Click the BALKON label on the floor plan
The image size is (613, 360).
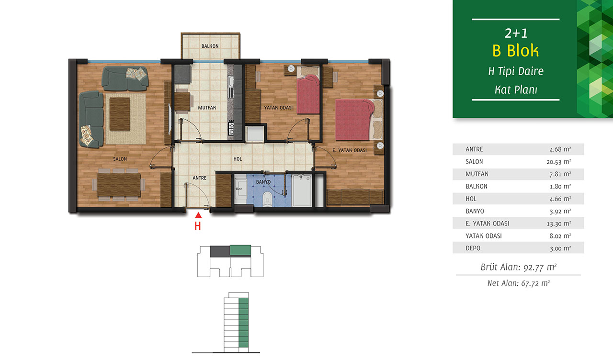click(x=210, y=46)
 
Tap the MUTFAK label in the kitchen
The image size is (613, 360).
click(x=207, y=108)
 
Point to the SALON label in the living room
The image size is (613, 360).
click(x=120, y=159)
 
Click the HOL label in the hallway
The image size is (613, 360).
click(x=238, y=159)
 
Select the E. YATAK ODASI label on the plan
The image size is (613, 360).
click(x=350, y=150)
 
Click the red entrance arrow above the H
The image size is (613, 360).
click(x=198, y=215)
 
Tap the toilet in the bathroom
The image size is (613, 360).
click(x=267, y=199)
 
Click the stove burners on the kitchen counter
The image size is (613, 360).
click(x=231, y=127)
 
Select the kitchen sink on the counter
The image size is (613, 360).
click(x=231, y=87)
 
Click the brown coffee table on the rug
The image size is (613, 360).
click(x=120, y=114)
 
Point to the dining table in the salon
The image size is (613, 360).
click(x=119, y=185)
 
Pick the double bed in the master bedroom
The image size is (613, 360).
click(x=359, y=120)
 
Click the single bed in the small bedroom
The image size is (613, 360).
click(x=308, y=90)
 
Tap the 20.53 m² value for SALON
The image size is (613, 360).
click(x=559, y=162)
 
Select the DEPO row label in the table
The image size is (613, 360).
click(x=473, y=248)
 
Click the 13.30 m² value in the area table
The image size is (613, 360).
click(x=559, y=224)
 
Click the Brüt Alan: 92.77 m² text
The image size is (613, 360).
click(x=519, y=267)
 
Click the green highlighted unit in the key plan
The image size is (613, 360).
click(x=240, y=250)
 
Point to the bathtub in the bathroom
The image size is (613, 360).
click(x=302, y=191)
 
